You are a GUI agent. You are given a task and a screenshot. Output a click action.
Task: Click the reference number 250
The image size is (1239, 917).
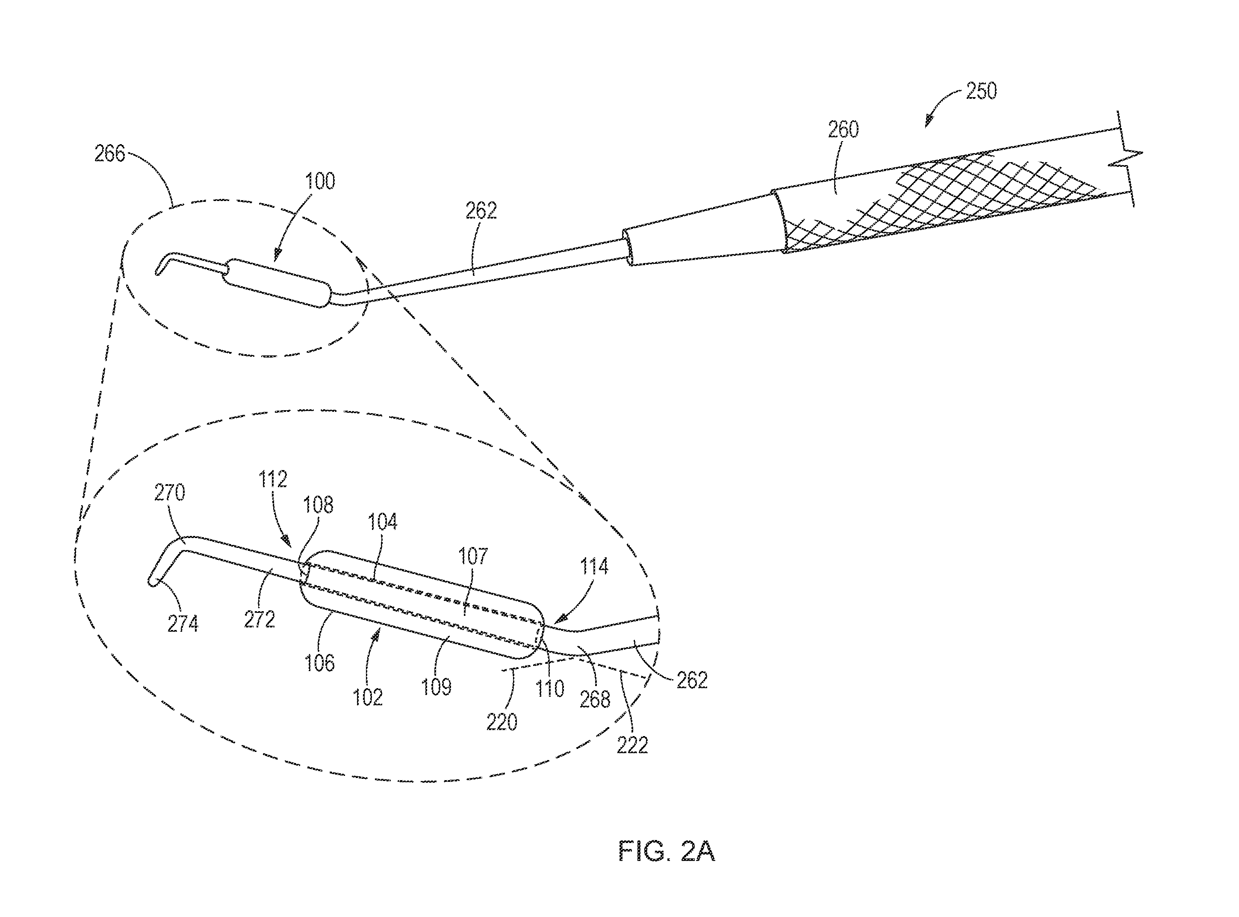pos(981,91)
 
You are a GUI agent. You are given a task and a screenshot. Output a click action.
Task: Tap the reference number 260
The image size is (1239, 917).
pos(844,129)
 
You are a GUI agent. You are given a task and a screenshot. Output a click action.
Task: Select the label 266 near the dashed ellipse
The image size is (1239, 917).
pos(110,153)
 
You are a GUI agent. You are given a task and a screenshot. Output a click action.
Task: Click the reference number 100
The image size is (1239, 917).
pos(320,181)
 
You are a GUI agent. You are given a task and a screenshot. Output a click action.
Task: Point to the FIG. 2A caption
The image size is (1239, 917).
pos(667,852)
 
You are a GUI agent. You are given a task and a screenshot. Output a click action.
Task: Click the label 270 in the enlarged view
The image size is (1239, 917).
pos(169,492)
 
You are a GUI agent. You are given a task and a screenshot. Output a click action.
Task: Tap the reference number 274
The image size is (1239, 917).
pos(183,624)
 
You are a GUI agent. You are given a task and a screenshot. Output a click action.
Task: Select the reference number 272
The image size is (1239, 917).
pos(259,619)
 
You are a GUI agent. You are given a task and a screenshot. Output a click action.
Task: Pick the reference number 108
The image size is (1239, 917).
pos(318,505)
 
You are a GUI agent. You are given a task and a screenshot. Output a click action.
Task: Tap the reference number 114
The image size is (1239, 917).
pos(594,566)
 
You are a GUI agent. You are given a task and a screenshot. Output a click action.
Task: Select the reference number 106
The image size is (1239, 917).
pos(320,663)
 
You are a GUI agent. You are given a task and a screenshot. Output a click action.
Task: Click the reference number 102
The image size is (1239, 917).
pos(368,697)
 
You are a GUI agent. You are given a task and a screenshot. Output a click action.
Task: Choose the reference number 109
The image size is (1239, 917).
pos(437,687)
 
